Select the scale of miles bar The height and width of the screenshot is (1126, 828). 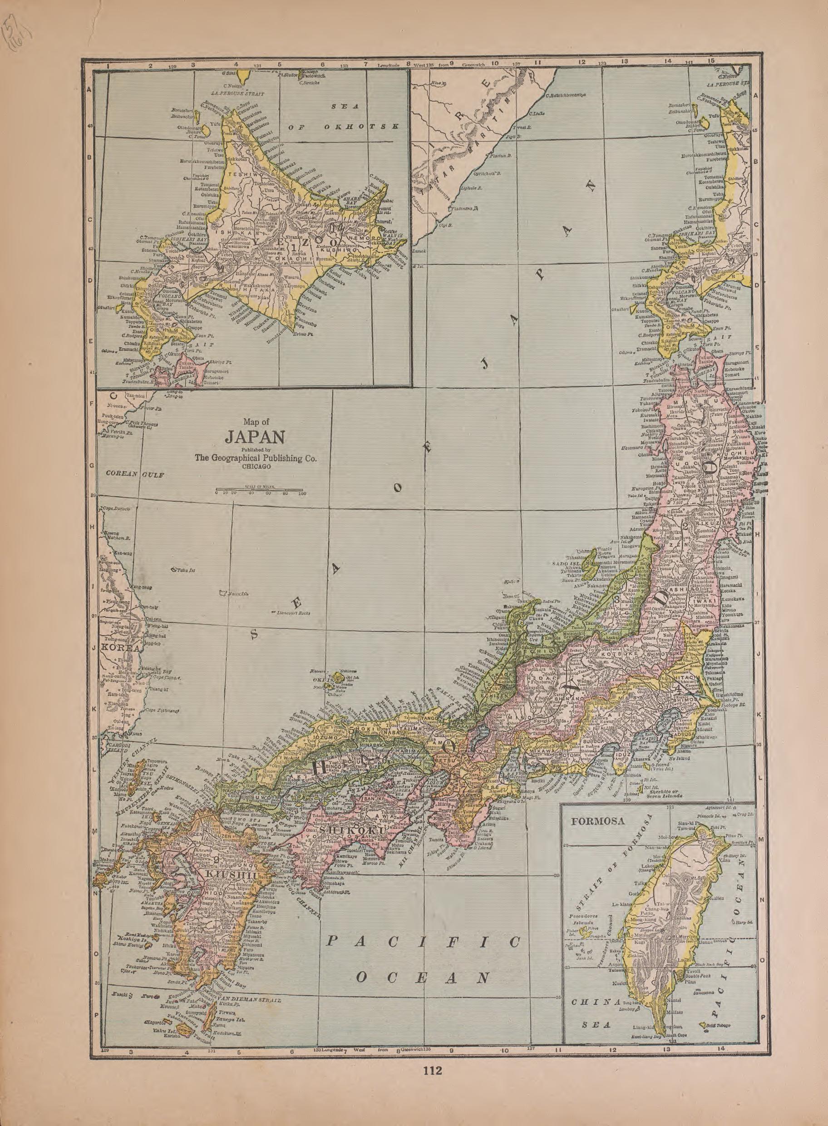tap(259, 489)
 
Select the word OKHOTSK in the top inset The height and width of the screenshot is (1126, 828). tap(361, 126)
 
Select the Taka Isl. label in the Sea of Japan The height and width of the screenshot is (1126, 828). tap(182, 571)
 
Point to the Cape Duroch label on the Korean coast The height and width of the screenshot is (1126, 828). tap(116, 509)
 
